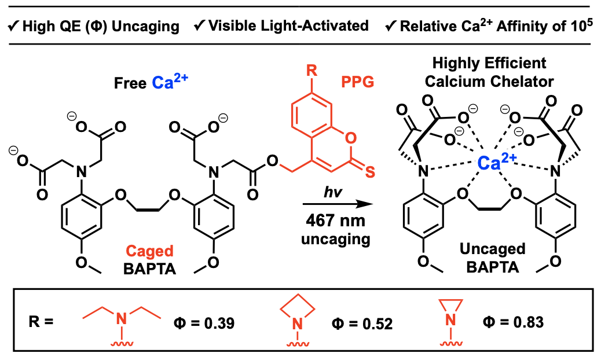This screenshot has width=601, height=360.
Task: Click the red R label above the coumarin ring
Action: [x=312, y=71]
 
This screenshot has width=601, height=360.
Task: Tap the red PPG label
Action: [x=358, y=82]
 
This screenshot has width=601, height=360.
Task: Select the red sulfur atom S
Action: [x=369, y=171]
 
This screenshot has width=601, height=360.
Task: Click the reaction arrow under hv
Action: [x=338, y=204]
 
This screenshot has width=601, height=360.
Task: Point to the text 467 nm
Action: [x=335, y=221]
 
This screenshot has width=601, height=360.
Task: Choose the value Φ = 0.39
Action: [x=204, y=324]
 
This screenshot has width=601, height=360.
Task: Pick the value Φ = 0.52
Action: [x=362, y=324]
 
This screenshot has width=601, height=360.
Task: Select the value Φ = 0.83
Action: [x=513, y=322]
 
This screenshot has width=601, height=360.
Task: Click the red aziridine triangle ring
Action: [x=450, y=305]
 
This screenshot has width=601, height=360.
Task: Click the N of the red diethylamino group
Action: [x=122, y=318]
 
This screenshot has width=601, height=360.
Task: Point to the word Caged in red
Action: [x=149, y=251]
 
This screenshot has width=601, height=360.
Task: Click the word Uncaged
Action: [x=493, y=249]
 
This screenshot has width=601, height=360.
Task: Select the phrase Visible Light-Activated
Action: [x=288, y=26]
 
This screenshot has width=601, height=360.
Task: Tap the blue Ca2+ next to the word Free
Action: [x=170, y=81]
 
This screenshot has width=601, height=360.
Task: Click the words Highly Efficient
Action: [x=489, y=63]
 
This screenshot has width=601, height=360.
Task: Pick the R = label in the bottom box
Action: [x=41, y=321]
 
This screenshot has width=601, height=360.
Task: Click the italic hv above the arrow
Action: [x=333, y=192]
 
